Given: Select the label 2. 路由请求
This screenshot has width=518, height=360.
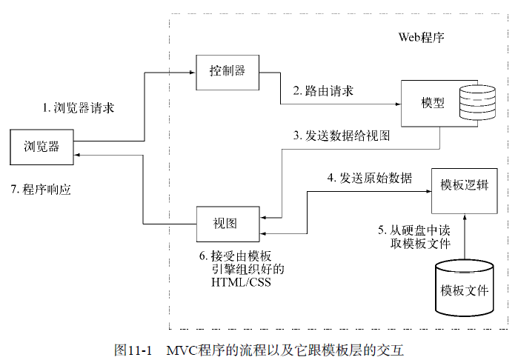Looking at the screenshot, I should click(x=322, y=91).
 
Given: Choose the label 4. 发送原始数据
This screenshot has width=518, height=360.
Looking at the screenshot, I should click(x=369, y=179).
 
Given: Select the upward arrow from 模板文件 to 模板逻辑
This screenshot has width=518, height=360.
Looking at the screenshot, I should click(x=463, y=230).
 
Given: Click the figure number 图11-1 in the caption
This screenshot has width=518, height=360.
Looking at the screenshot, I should click(x=133, y=349).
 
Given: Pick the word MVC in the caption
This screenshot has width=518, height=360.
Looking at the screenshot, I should click(x=181, y=349).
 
